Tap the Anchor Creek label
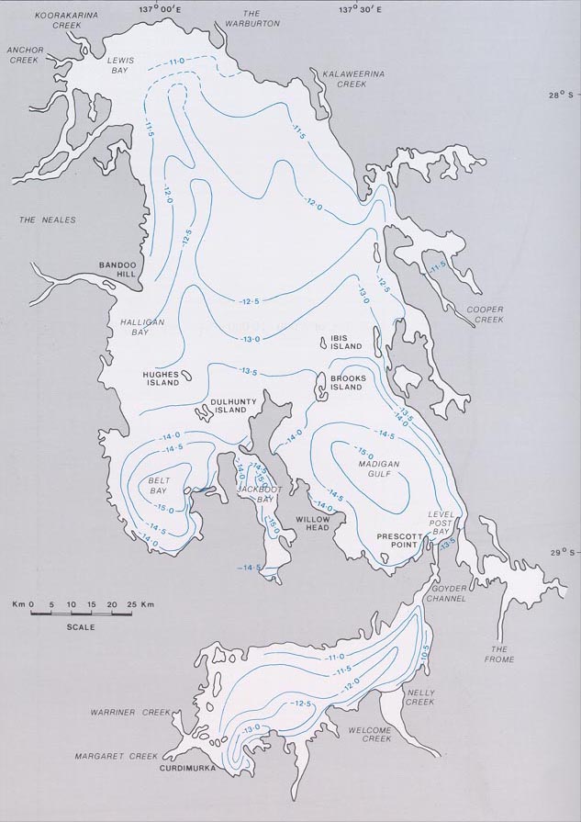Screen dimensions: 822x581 tap(22, 54)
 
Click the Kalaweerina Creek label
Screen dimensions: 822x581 tap(337, 77)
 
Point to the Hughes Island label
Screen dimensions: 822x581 tap(161, 378)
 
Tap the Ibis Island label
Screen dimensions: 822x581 tap(347, 342)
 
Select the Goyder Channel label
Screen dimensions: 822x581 tap(445, 592)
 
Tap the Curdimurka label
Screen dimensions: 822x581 tap(185, 767)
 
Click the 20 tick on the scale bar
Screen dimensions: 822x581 tap(111, 604)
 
